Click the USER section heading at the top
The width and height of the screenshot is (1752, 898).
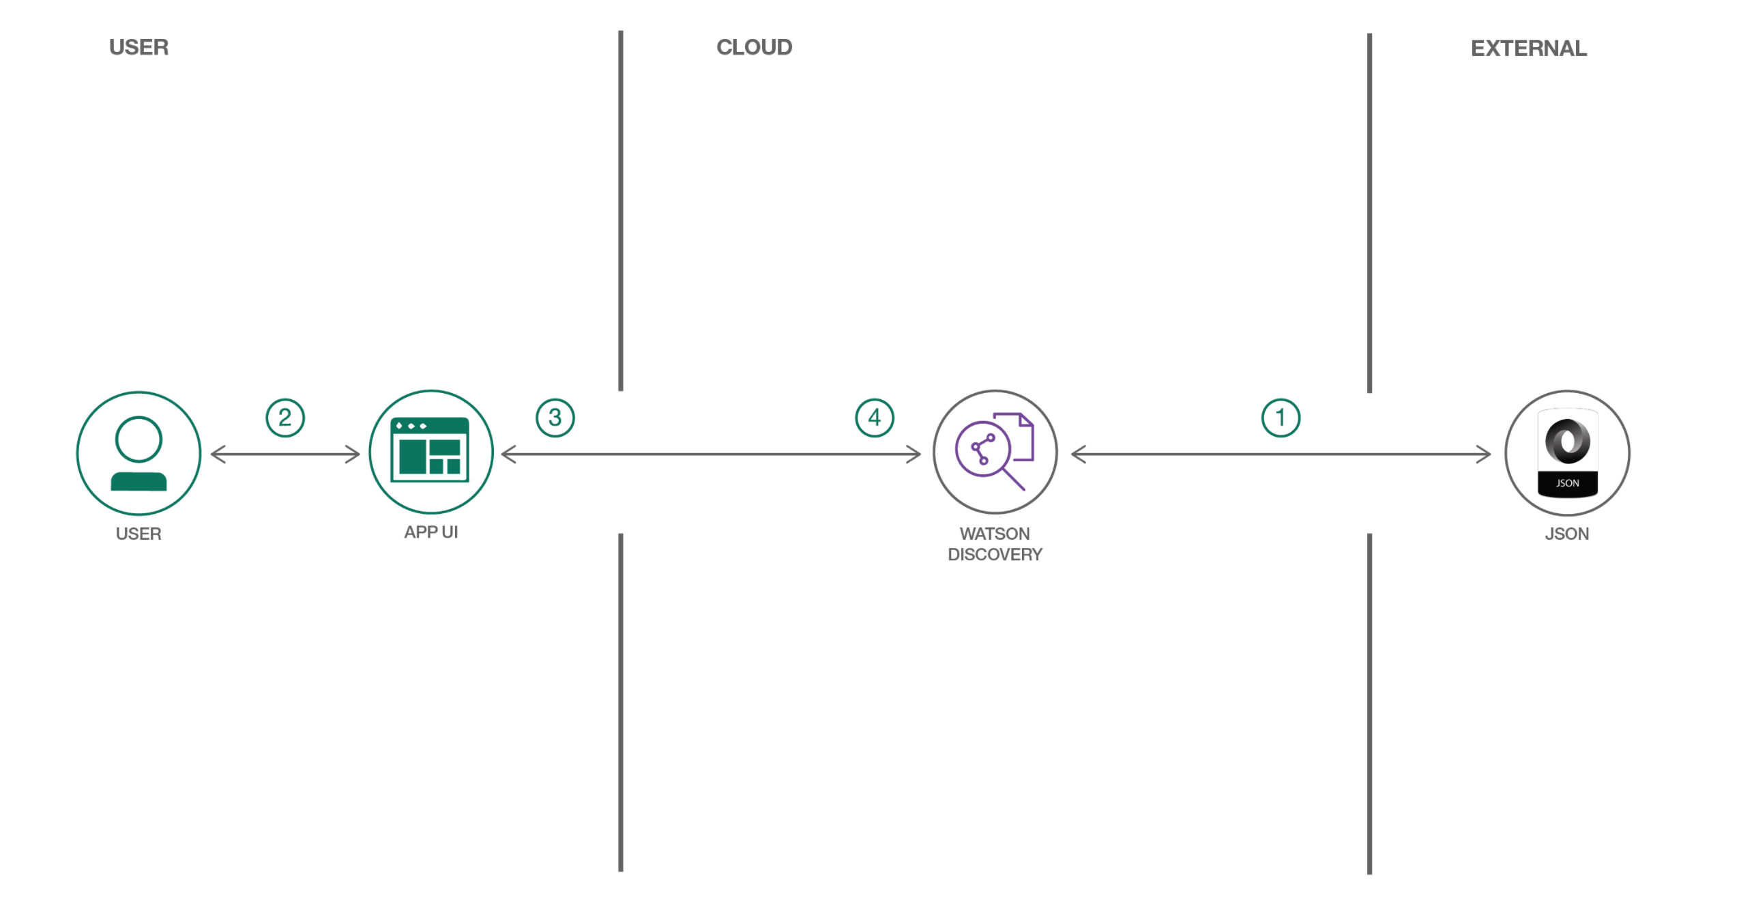138,47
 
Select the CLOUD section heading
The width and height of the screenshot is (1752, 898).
754,47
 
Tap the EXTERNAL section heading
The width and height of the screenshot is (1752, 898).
1528,48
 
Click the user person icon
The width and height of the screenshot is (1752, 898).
138,453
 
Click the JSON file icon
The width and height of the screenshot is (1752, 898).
1567,453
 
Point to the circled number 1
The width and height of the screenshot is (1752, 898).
1281,418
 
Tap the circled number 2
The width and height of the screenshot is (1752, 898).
285,418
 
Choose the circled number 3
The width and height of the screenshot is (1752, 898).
555,418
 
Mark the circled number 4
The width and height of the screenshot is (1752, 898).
875,418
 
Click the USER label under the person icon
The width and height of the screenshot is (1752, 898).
138,534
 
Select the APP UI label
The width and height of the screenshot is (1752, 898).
430,532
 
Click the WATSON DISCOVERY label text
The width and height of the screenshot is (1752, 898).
995,544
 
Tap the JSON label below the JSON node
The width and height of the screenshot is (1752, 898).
1566,534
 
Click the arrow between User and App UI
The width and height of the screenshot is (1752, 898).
285,454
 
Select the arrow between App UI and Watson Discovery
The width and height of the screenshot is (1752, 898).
710,454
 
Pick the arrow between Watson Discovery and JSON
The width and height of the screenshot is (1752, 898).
1281,454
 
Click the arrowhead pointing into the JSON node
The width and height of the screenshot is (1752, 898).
1485,454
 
